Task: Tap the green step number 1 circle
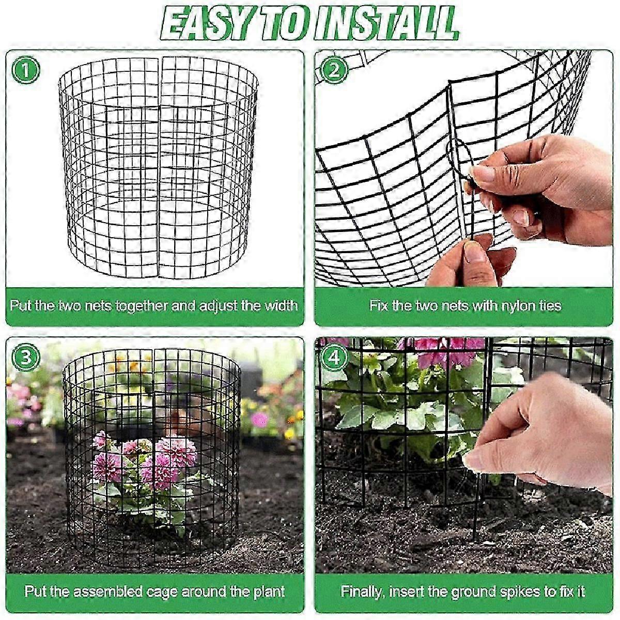pos(25,70)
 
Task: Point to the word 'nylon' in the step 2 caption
pos(520,305)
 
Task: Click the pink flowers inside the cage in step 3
pos(145,460)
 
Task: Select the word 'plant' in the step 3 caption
pos(267,592)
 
